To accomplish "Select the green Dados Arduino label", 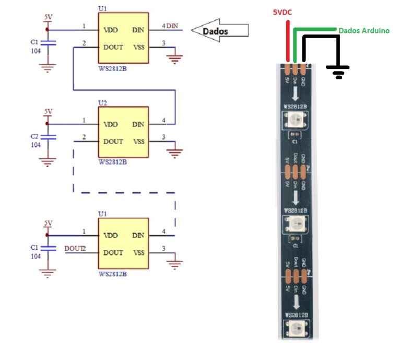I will coord(364,31).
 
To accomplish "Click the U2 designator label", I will coord(103,103).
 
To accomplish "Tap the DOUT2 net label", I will coord(75,248).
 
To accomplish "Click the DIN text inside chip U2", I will coord(138,124).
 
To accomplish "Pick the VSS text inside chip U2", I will coord(138,141).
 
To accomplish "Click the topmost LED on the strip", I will coord(294,122).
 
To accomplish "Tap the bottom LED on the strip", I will coord(295,329).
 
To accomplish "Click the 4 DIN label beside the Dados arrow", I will coord(171,26).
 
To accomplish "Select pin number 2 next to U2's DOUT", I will coord(84,137).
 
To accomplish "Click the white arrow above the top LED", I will coord(295,94).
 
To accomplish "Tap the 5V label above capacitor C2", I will coord(48,111).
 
